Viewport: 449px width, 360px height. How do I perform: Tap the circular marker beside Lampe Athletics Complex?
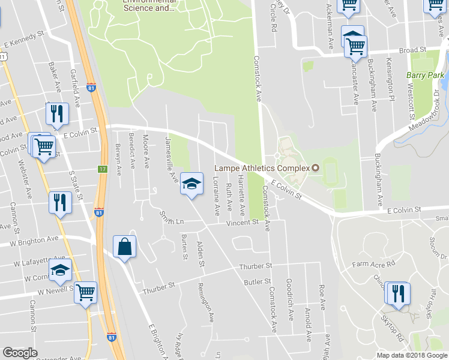click(x=314, y=167)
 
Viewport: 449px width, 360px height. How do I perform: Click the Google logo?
click(x=20, y=353)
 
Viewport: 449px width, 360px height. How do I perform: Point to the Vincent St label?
click(x=242, y=223)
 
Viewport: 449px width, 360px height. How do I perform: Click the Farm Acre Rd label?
click(x=374, y=263)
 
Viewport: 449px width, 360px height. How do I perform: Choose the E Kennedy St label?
click(x=25, y=44)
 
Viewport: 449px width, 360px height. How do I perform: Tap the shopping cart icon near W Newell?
click(x=86, y=292)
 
